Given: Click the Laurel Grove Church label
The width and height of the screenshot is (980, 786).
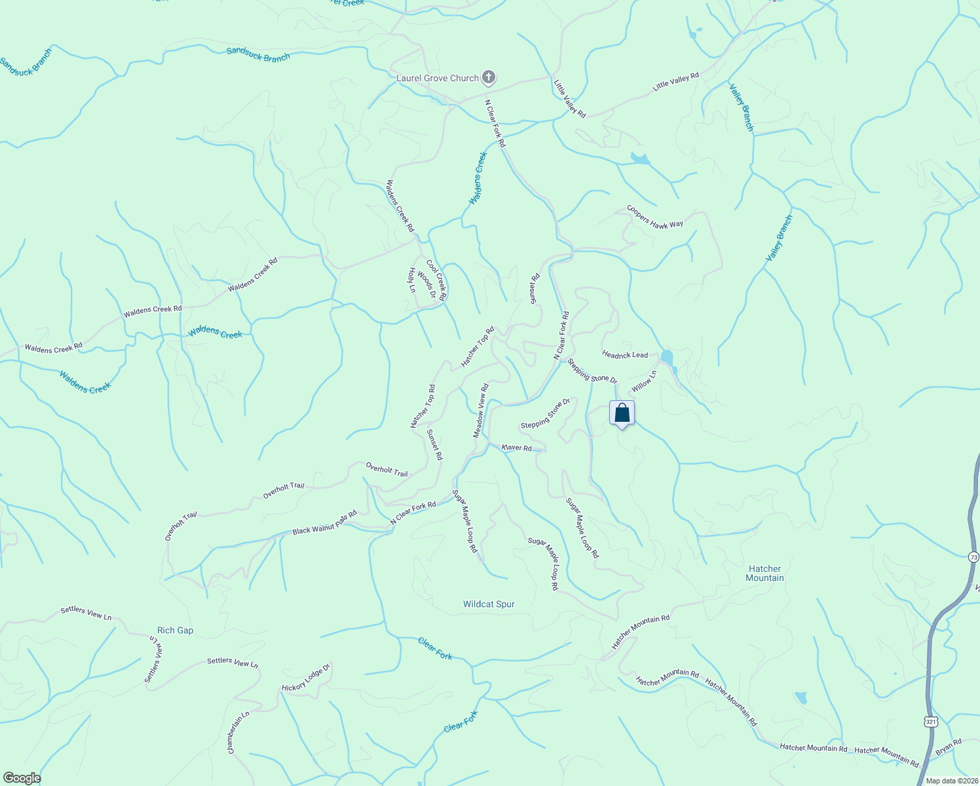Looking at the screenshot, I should [x=438, y=79].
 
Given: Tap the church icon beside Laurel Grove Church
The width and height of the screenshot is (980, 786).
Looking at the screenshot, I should [x=488, y=78].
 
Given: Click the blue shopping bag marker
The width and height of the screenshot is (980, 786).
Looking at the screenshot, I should [x=622, y=414].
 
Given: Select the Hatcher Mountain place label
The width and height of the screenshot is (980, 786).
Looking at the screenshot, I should [x=764, y=573].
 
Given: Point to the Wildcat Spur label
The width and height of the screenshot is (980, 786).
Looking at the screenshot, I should [x=489, y=604].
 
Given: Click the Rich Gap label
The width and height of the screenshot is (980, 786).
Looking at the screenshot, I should [x=176, y=630].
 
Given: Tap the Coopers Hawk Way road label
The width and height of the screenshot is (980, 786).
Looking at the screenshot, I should [x=655, y=217].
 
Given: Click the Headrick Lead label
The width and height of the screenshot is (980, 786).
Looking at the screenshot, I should [x=625, y=355].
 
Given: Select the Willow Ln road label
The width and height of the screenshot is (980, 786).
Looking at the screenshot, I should [x=643, y=381].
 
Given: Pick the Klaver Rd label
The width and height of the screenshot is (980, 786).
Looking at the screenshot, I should [x=516, y=448].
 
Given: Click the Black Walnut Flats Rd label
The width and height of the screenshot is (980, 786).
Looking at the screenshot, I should [x=324, y=522].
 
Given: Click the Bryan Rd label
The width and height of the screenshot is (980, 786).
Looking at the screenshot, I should [x=949, y=747].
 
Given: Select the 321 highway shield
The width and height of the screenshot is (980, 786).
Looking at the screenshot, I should [x=931, y=721].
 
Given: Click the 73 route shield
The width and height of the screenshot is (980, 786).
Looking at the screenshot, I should [x=973, y=557].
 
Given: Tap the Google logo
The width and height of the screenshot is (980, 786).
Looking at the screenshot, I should [x=21, y=778].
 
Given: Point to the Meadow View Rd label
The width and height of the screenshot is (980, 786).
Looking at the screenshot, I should [x=481, y=411].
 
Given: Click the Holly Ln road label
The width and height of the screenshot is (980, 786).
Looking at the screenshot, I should [x=412, y=280].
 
